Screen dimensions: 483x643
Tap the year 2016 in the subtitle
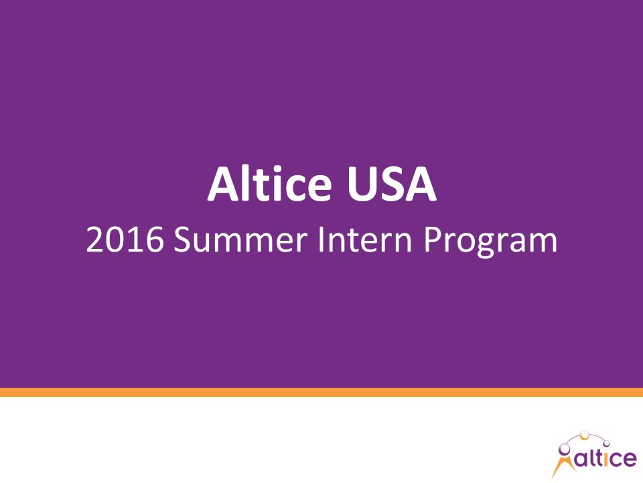[125, 240]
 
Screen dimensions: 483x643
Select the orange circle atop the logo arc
[585, 435]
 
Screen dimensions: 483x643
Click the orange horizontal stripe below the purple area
[321, 392]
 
